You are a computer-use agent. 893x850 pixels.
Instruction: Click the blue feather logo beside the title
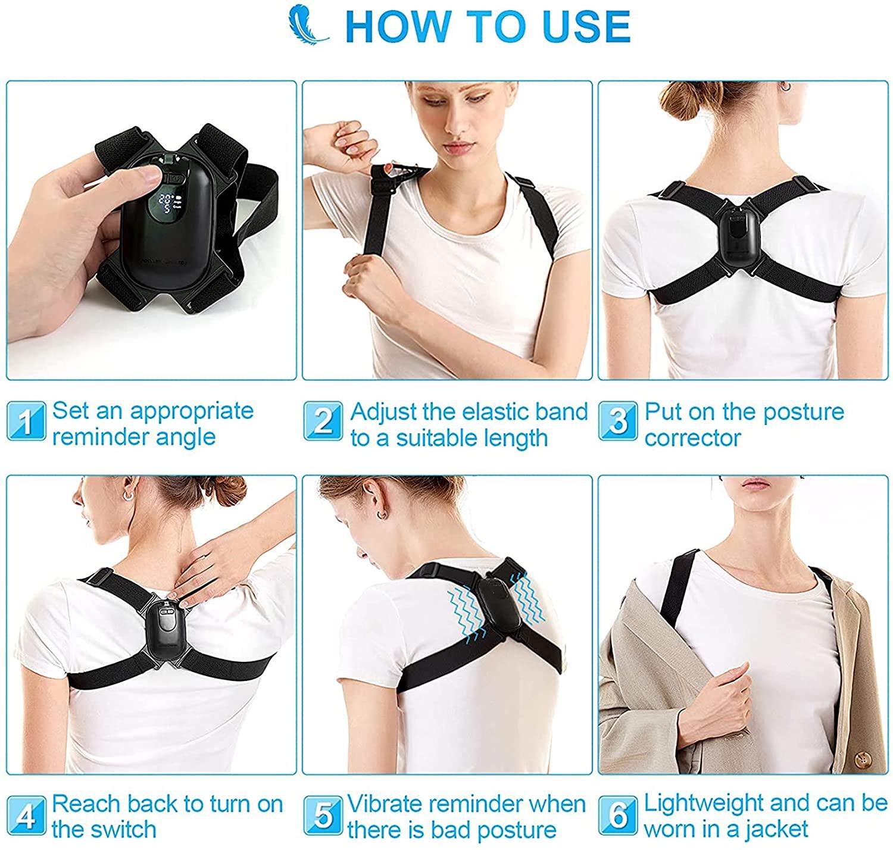[307, 24]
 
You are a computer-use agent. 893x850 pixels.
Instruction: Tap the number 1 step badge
[26, 421]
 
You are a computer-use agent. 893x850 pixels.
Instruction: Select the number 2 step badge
[323, 421]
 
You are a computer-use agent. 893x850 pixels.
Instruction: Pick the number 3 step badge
[619, 421]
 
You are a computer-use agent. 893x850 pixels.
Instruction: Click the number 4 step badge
[26, 815]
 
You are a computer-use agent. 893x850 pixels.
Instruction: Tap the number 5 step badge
[323, 815]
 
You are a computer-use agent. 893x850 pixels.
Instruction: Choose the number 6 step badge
[619, 815]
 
